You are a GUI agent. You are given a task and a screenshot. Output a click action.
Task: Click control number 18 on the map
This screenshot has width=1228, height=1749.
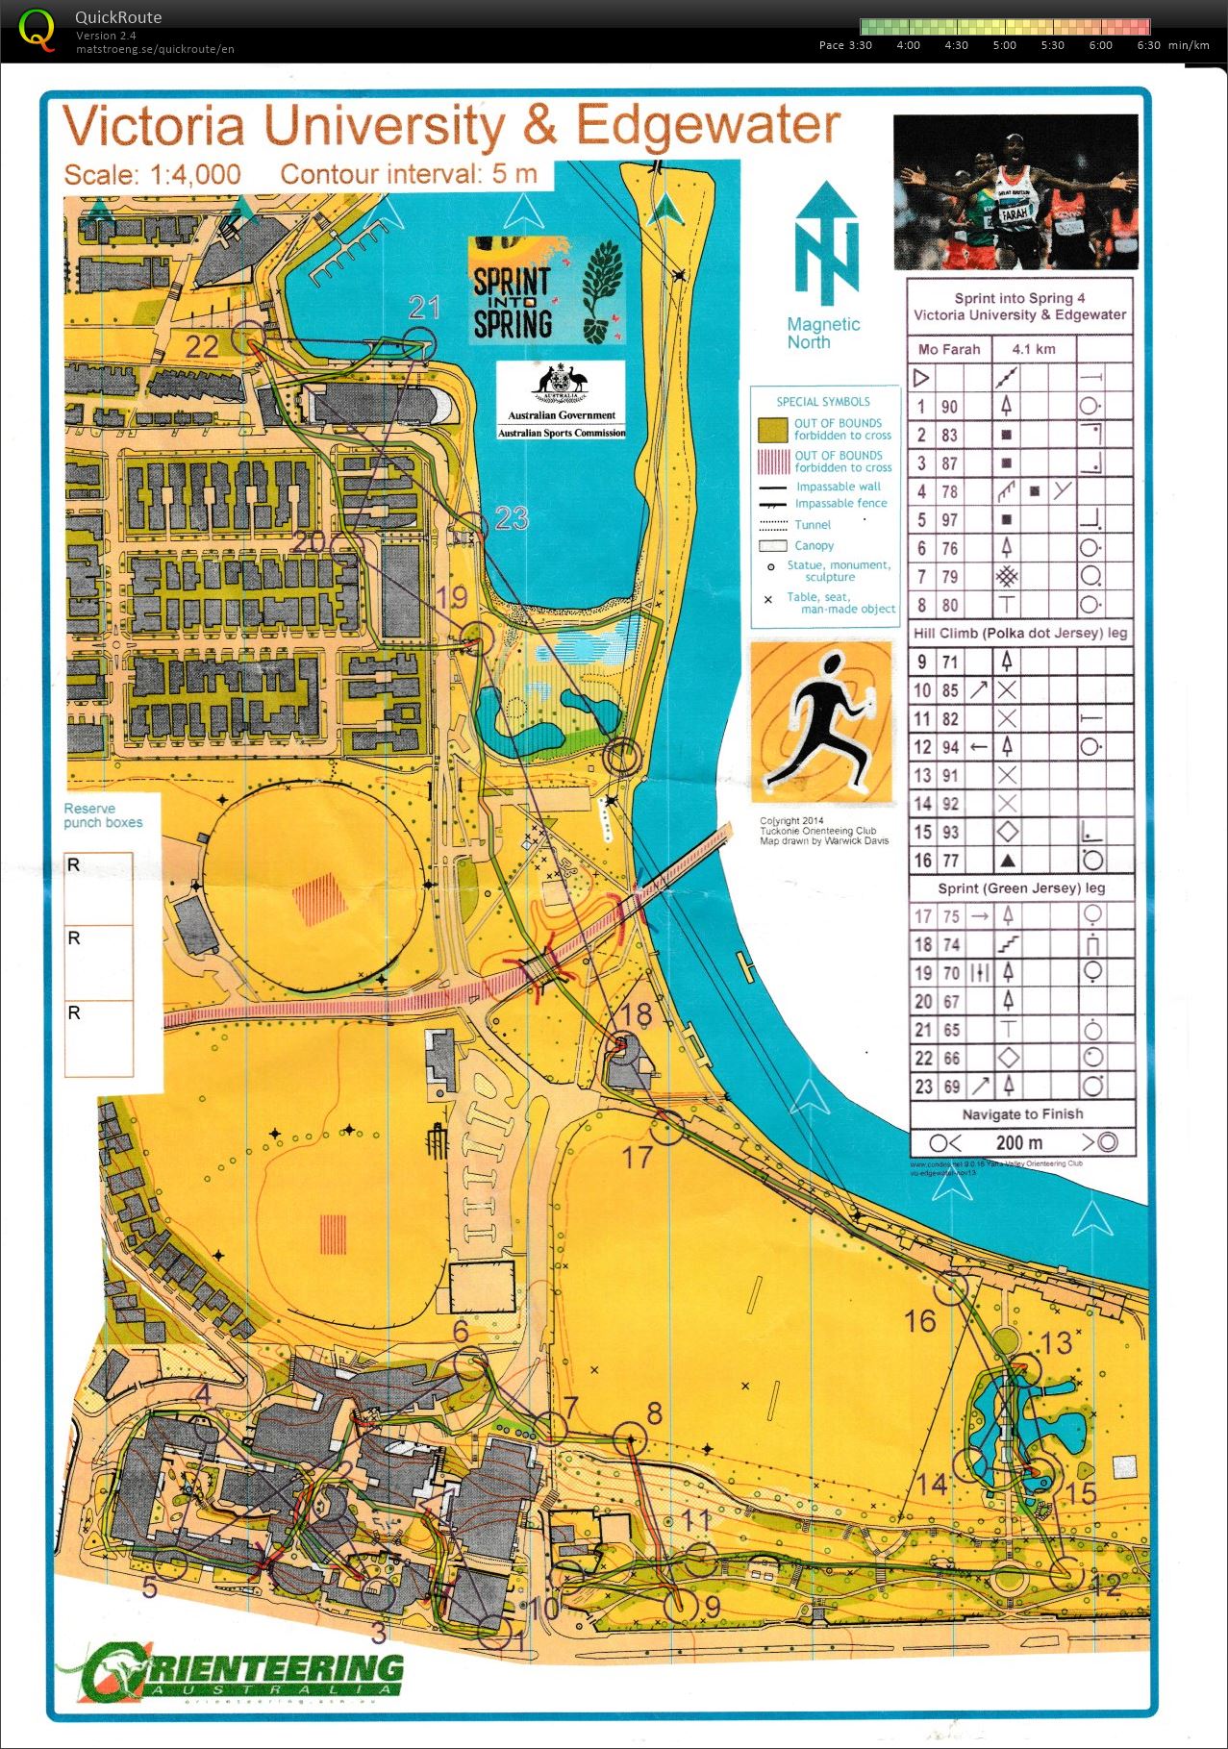coord(636,1014)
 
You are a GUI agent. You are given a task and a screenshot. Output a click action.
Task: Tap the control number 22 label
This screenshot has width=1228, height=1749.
coord(202,346)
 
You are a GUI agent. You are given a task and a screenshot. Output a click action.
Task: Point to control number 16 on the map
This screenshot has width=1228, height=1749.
coord(920,1321)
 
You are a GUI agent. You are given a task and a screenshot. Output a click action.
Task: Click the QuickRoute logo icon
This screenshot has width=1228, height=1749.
coord(37,29)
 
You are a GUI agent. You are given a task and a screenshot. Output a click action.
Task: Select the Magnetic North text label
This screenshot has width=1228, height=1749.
coord(823,333)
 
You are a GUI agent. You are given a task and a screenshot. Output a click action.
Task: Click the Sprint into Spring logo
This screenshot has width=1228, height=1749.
coord(545,290)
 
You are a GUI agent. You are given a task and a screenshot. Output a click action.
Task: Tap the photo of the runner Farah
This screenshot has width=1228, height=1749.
coord(1015,191)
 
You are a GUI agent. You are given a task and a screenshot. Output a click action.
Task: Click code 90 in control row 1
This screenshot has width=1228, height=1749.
coord(949,406)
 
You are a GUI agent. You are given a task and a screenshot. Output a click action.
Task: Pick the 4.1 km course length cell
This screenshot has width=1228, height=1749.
coord(1034,349)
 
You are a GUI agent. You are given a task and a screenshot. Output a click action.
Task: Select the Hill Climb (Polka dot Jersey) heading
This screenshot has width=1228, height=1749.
coord(1020,633)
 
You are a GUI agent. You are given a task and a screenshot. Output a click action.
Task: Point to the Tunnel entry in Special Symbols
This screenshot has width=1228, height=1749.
coord(812,524)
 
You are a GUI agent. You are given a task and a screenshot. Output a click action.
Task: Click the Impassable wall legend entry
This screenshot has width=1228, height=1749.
coord(837,487)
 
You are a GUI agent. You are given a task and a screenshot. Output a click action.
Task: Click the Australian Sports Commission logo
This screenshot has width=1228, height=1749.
coord(561,400)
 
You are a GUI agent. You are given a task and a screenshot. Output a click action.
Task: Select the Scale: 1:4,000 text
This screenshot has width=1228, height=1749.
coord(152,175)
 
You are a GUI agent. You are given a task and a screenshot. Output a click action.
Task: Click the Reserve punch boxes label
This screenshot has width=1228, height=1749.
coord(103,815)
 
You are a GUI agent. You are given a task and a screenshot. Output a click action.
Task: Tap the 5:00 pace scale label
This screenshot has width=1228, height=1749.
coord(1004,45)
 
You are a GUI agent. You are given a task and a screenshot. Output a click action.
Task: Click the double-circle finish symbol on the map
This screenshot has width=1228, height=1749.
coord(623,756)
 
